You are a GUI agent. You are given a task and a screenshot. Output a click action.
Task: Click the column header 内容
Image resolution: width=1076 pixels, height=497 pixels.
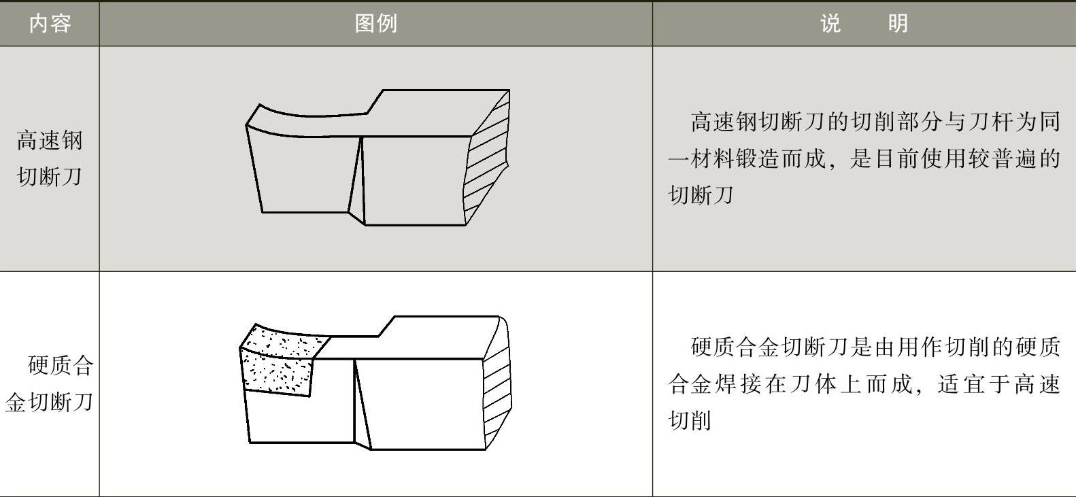[x=50, y=24]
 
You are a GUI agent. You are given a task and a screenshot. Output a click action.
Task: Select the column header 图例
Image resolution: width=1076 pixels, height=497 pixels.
[x=375, y=24]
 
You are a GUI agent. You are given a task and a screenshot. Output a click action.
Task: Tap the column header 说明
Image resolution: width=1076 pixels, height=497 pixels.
[x=864, y=24]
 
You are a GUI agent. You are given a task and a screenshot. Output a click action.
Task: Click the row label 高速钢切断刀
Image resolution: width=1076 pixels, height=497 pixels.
[x=49, y=158]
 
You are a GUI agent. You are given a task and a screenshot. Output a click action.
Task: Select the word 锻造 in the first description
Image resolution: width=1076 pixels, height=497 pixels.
[x=756, y=159]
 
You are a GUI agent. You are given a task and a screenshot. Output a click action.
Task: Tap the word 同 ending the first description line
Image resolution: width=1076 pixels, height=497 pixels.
[x=1050, y=122]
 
